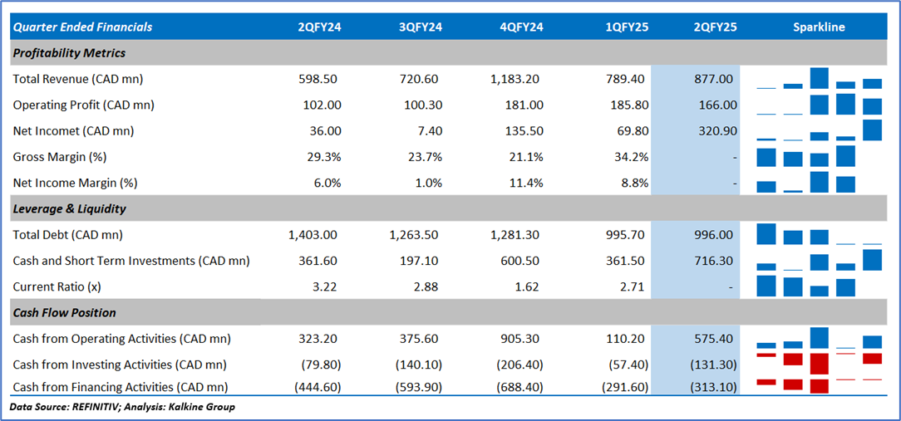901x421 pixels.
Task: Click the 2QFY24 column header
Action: click(319, 27)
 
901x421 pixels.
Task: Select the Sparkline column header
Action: click(819, 27)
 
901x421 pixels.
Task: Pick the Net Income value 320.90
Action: click(715, 130)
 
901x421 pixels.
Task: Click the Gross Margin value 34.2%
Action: click(631, 157)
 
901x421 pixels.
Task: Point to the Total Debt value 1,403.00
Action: click(314, 235)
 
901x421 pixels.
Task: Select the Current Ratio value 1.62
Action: click(528, 286)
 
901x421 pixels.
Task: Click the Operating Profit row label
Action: click(83, 105)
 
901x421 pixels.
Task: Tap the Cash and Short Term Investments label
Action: click(131, 261)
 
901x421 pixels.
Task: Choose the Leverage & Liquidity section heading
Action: click(70, 209)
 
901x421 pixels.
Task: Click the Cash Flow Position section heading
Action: click(64, 313)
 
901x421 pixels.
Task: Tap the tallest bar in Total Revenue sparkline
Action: click(820, 78)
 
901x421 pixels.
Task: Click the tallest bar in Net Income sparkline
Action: click(872, 130)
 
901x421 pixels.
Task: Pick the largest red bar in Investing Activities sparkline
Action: click(820, 364)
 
